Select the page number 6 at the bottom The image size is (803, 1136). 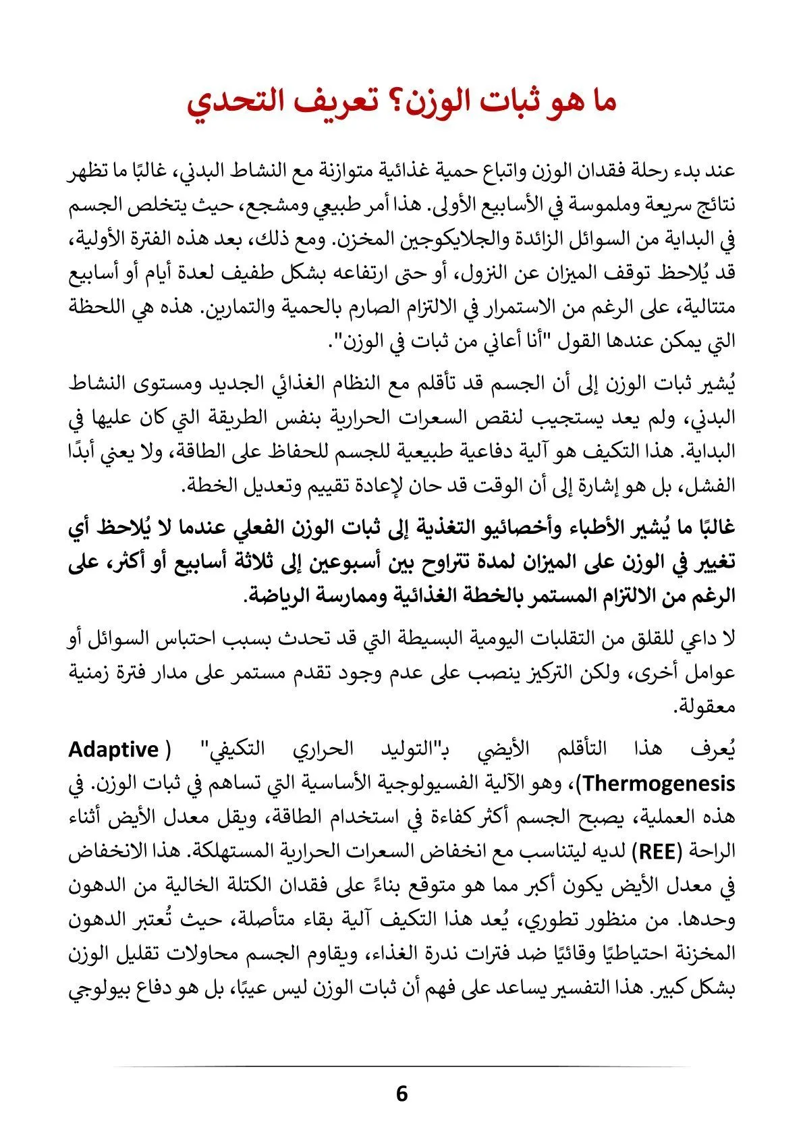[401, 1093]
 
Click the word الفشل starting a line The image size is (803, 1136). [713, 485]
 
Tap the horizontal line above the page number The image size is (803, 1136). [401, 1066]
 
